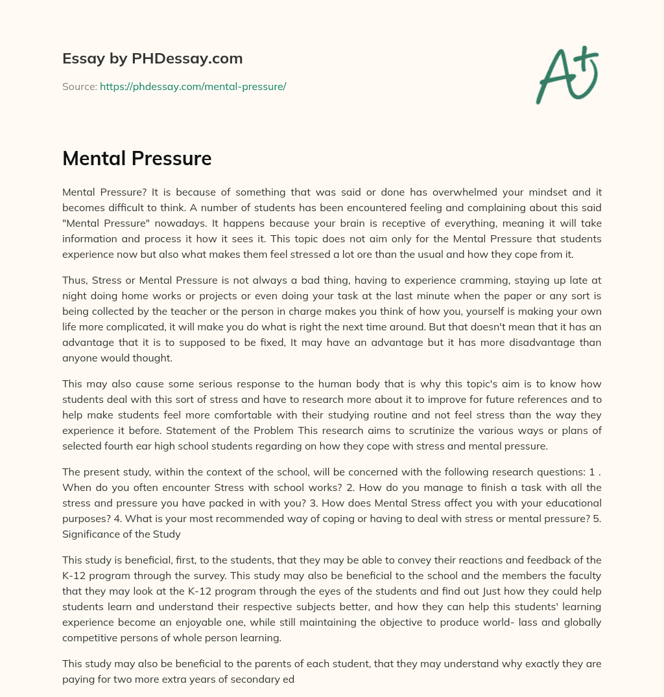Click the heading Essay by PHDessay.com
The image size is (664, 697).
[x=152, y=59]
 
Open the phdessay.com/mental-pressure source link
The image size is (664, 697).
[x=193, y=86]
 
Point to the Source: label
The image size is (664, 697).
[x=79, y=86]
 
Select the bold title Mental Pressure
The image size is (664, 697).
[x=137, y=159]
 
